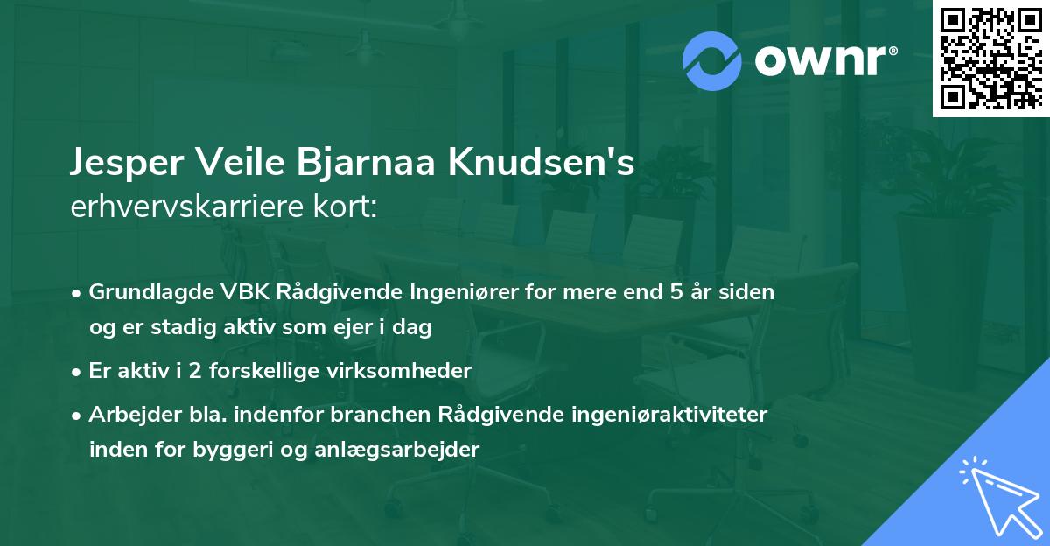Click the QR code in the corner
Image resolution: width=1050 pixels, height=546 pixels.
[991, 58]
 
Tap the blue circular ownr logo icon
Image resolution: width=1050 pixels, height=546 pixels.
[713, 61]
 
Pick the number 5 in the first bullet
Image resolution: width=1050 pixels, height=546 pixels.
[675, 291]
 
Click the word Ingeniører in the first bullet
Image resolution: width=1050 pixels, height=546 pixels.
[457, 291]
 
